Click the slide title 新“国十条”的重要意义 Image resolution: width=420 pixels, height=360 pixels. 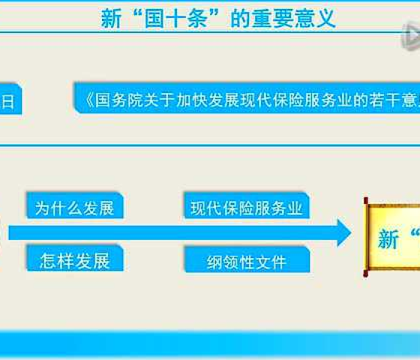218,19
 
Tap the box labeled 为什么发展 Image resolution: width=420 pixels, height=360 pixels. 74,208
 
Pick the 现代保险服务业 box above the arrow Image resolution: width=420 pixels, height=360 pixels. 246,208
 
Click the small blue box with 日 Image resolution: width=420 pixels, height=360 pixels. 10,101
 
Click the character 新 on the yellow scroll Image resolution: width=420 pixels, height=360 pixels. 389,239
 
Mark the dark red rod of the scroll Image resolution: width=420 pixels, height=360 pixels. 365,237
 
